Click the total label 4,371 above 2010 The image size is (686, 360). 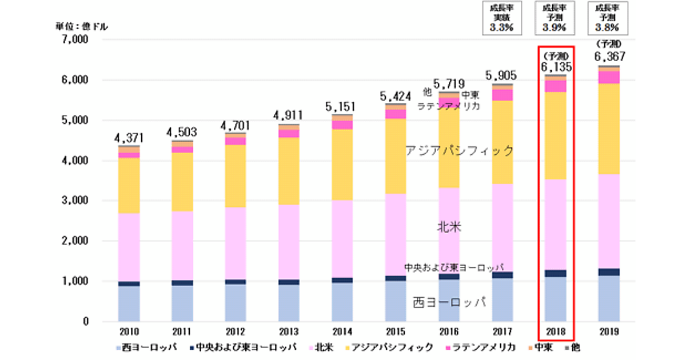coord(129,137)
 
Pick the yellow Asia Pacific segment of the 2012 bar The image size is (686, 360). coord(236,176)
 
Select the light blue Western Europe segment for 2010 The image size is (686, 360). coord(129,303)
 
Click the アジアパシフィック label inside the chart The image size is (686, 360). coord(459,151)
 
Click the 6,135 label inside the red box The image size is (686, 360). coord(555,67)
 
